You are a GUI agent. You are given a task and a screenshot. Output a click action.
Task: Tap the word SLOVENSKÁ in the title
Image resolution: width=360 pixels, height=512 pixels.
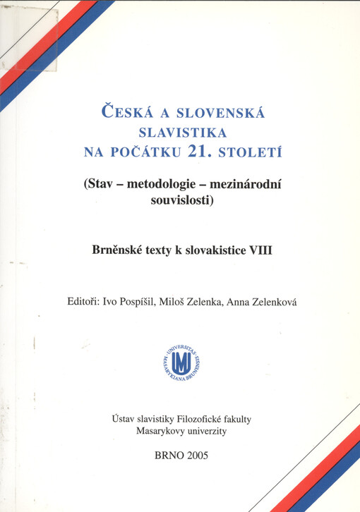[215, 112]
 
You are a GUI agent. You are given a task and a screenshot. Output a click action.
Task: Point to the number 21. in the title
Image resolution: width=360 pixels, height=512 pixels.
[200, 149]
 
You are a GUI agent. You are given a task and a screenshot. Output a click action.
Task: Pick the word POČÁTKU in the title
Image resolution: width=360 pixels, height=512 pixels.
[148, 150]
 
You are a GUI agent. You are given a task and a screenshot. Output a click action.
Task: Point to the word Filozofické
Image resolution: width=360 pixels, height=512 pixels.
[189, 419]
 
